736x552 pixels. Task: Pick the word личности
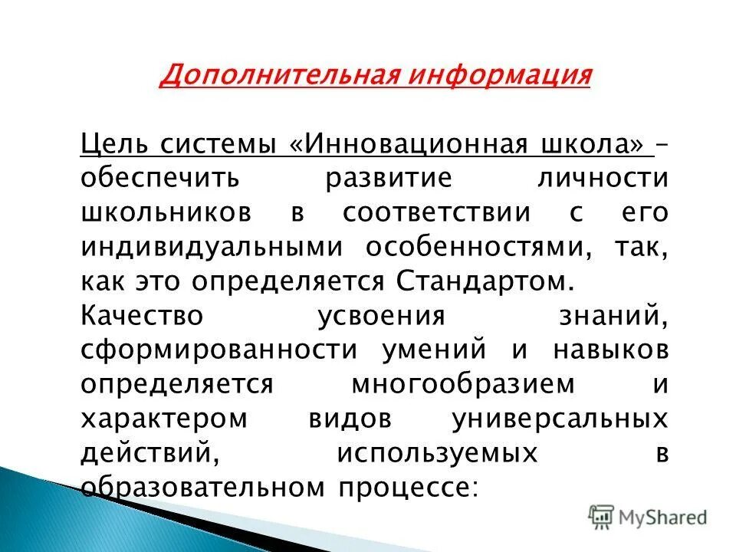pos(603,178)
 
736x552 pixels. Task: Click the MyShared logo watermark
pos(648,516)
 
